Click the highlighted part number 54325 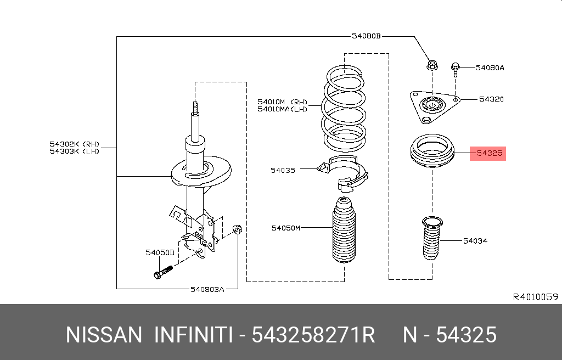tap(489, 154)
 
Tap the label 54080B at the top tap(366, 37)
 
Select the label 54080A tap(490, 67)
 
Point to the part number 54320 tap(491, 99)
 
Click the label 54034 tap(475, 241)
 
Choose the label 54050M tap(286, 227)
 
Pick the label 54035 tap(283, 170)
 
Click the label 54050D tap(160, 252)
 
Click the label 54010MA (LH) tap(283, 109)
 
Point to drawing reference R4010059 tap(535, 297)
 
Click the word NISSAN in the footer tap(104, 335)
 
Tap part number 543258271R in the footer tap(313, 335)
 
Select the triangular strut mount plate tap(432, 105)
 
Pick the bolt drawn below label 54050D tap(163, 271)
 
